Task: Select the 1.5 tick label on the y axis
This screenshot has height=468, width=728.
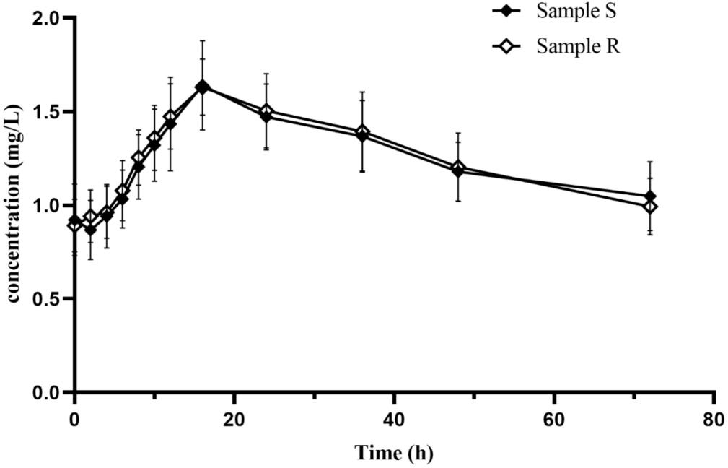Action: [45, 112]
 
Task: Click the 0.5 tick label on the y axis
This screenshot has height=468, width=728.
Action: [45, 299]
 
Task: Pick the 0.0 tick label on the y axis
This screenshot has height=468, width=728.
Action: [45, 392]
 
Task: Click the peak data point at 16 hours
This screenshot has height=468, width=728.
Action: [202, 87]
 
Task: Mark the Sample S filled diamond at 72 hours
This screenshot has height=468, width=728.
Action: [650, 196]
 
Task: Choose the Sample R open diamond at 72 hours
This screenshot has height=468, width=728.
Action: [650, 207]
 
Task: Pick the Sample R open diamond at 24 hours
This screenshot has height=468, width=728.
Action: [266, 111]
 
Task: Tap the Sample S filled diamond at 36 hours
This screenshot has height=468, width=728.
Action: [362, 136]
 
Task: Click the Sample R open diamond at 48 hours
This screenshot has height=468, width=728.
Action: [458, 168]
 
